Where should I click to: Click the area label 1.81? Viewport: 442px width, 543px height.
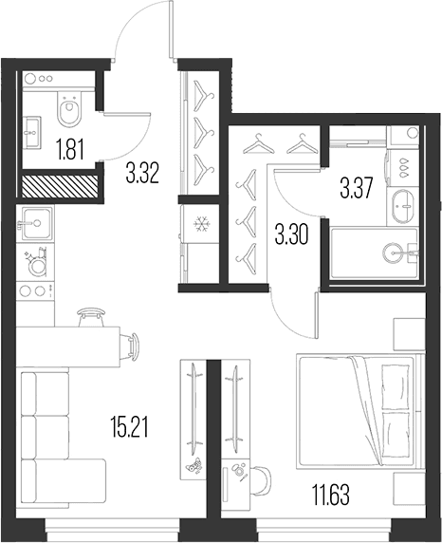pyautogui.click(x=70, y=151)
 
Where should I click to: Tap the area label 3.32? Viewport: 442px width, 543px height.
pyautogui.click(x=142, y=174)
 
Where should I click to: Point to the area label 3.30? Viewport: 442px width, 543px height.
pyautogui.click(x=291, y=236)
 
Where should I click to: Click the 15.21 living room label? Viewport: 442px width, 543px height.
pyautogui.click(x=129, y=427)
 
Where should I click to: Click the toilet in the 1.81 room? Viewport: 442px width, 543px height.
pyautogui.click(x=69, y=108)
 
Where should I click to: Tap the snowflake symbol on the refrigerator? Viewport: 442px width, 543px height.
pyautogui.click(x=200, y=224)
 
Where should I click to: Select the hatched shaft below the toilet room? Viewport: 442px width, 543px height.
pyautogui.click(x=60, y=186)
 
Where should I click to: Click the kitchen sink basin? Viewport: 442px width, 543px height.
pyautogui.click(x=37, y=223)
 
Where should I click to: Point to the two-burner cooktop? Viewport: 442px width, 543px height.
pyautogui.click(x=35, y=290)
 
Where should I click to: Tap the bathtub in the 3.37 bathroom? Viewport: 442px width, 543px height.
pyautogui.click(x=375, y=253)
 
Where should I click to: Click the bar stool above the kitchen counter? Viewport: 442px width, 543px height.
pyautogui.click(x=91, y=317)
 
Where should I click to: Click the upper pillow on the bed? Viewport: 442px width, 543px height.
pyautogui.click(x=395, y=386)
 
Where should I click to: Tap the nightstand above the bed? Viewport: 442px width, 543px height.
pyautogui.click(x=409, y=334)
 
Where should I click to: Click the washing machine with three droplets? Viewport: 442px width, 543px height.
pyautogui.click(x=403, y=169)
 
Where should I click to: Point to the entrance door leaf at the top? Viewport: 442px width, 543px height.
pyautogui.click(x=171, y=29)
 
